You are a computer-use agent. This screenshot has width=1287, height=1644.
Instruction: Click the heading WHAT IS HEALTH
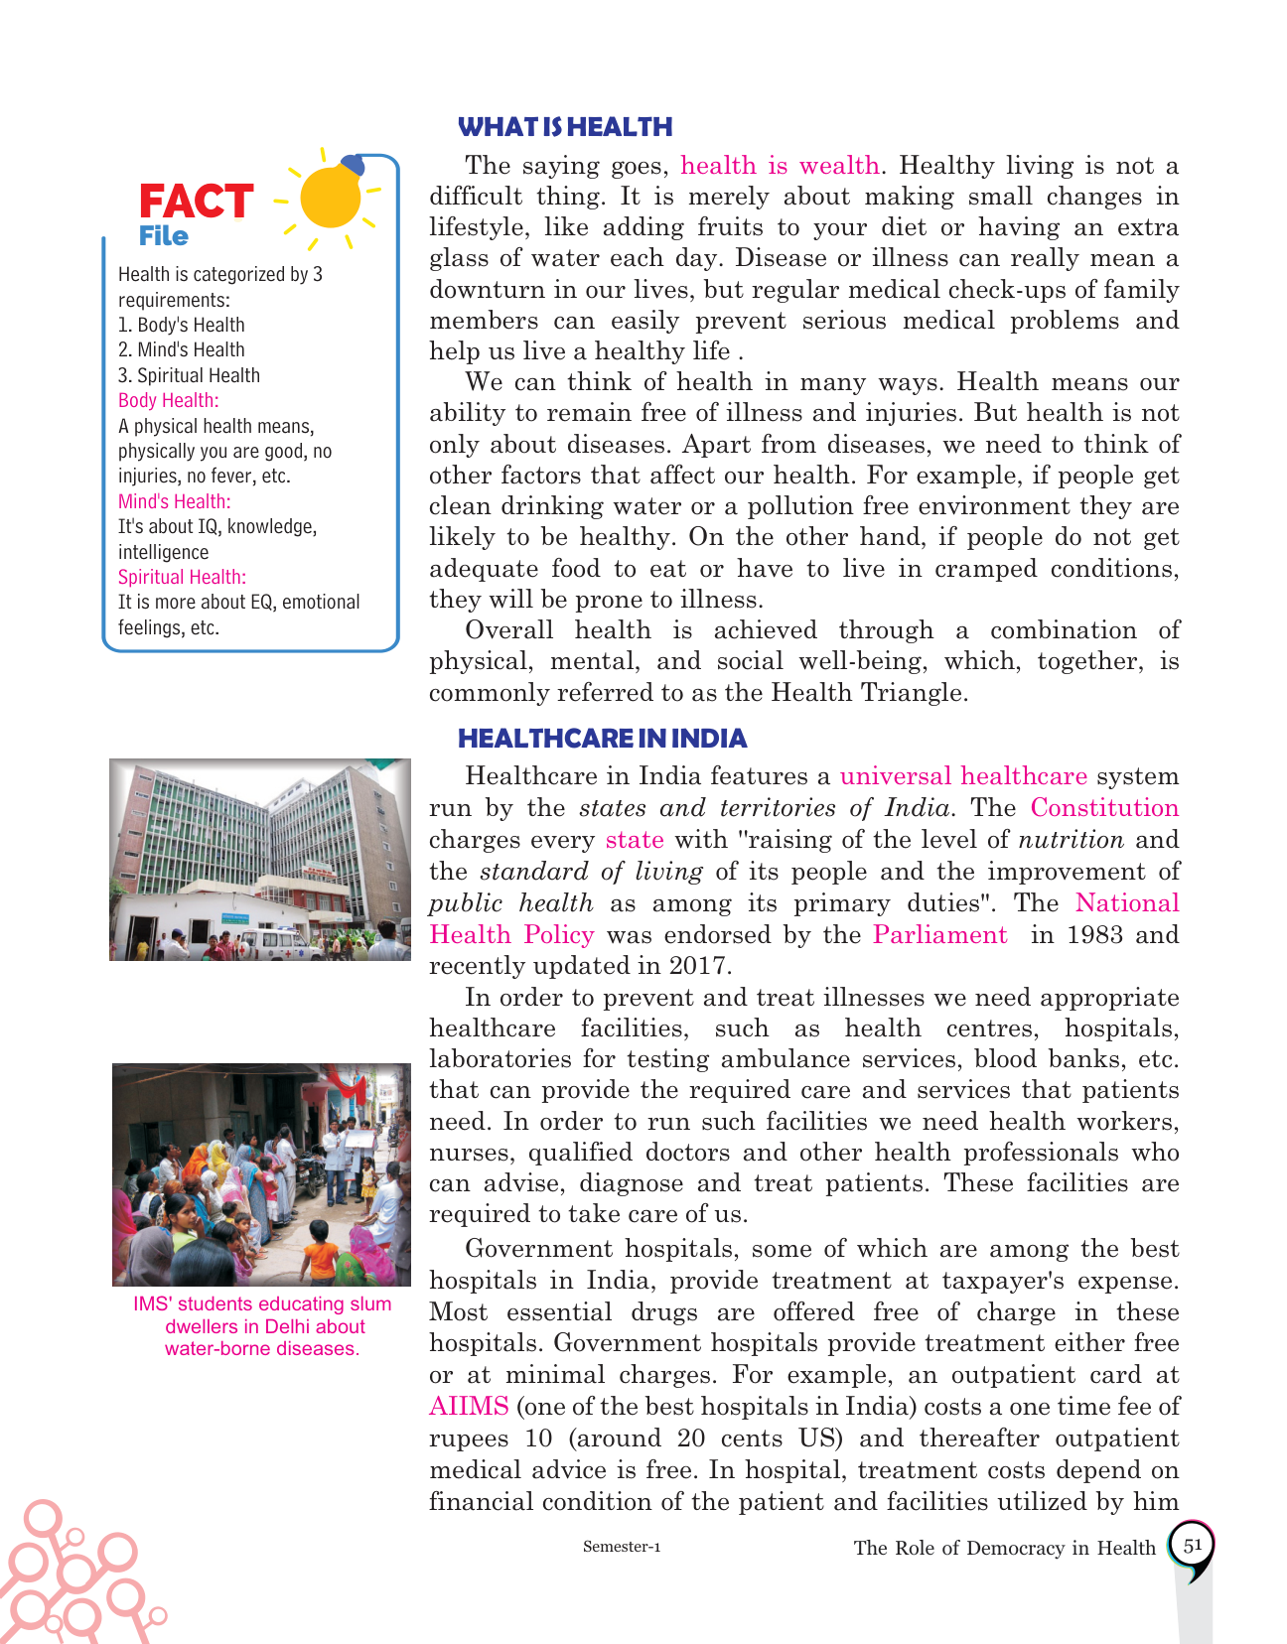(565, 127)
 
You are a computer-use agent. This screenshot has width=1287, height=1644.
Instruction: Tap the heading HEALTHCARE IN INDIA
(602, 739)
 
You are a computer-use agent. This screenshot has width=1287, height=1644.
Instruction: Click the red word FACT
(196, 202)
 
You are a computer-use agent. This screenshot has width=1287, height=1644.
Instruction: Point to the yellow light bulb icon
(331, 196)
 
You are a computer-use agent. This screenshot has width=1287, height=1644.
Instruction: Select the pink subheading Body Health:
(168, 400)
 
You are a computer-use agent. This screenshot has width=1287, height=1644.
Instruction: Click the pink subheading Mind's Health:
(174, 501)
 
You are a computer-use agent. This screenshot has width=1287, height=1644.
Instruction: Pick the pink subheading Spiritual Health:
(182, 577)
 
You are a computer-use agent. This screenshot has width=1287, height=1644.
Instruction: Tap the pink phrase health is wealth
(780, 166)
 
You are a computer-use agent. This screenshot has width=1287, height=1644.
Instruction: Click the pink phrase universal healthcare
(963, 776)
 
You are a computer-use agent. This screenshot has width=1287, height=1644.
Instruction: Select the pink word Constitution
(1104, 808)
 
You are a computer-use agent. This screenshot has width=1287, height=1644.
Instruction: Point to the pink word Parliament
(939, 935)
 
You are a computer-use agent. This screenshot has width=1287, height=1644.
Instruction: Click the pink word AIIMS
(469, 1407)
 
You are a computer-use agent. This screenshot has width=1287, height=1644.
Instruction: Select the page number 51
(1192, 1546)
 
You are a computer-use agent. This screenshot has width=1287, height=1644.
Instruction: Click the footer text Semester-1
(622, 1547)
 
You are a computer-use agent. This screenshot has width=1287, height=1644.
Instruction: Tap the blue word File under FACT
(164, 236)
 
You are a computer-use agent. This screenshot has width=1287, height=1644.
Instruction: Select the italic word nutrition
(1071, 840)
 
